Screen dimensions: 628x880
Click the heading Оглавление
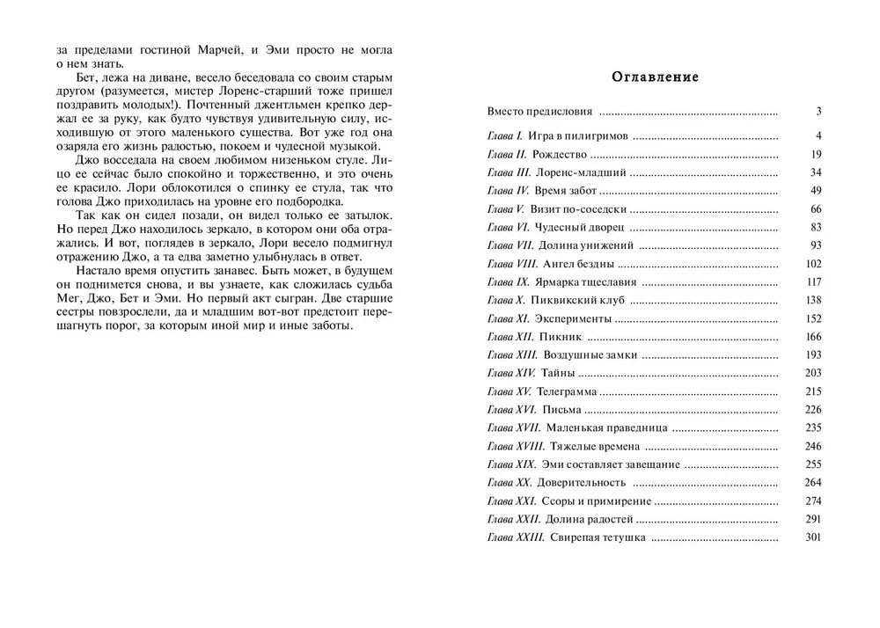click(655, 77)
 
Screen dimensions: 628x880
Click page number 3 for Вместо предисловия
click(818, 113)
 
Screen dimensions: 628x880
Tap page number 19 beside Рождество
click(815, 155)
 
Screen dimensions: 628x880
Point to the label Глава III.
click(509, 172)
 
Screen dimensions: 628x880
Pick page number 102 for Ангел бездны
click(812, 264)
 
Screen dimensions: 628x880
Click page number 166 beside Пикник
click(812, 337)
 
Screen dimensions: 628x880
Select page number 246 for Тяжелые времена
click(812, 447)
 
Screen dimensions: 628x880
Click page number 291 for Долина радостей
click(812, 519)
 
